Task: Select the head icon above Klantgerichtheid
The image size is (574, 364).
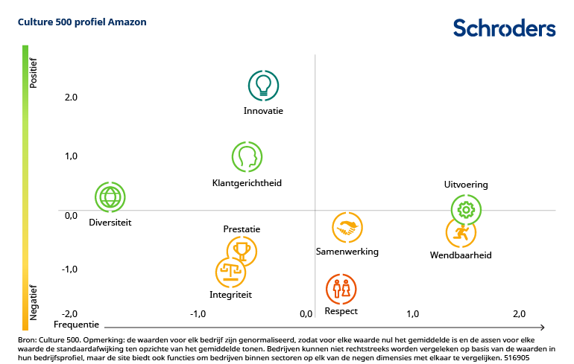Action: [247, 157]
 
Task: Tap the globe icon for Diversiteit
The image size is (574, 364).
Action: [110, 197]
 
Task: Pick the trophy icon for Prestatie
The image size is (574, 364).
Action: [242, 251]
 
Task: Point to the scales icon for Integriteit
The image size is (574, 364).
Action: [230, 272]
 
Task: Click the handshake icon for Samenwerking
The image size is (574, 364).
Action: [347, 229]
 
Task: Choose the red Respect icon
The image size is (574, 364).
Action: [341, 289]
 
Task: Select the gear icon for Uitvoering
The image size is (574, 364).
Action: [467, 210]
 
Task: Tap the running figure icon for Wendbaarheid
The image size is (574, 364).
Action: [461, 233]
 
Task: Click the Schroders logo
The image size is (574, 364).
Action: [505, 28]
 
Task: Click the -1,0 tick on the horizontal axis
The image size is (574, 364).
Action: [198, 314]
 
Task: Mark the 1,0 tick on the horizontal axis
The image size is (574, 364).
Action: [412, 313]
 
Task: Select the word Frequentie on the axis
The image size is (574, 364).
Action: [76, 325]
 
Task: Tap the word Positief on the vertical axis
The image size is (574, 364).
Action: [33, 73]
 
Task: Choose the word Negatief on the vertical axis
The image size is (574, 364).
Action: [33, 301]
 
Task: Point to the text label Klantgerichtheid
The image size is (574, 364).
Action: [247, 183]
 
